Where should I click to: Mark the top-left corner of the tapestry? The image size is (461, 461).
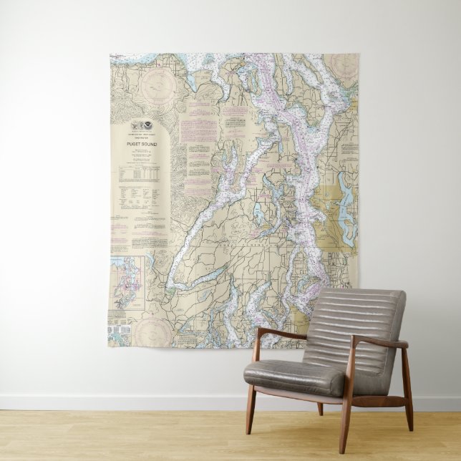(x=110, y=54)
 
